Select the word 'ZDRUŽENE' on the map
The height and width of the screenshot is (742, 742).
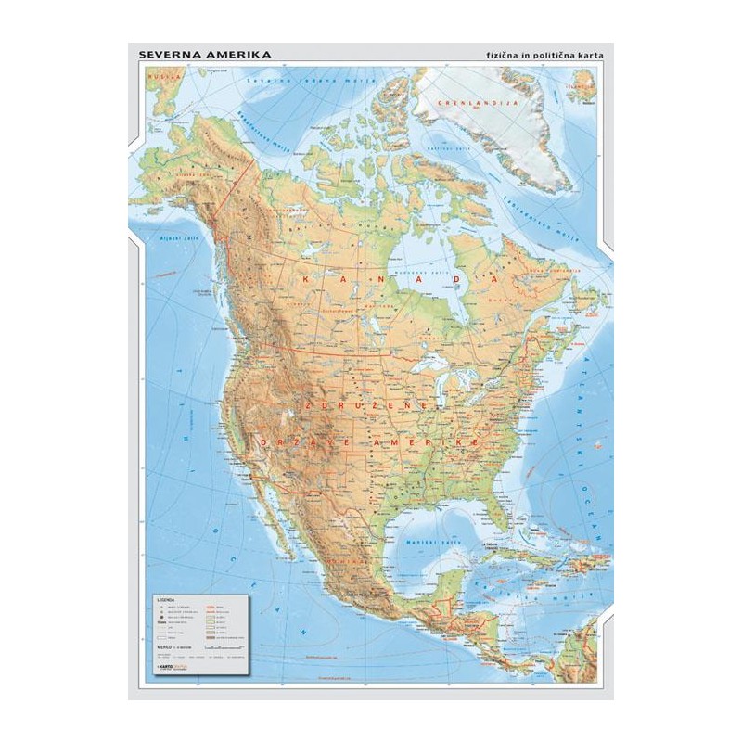point(364,406)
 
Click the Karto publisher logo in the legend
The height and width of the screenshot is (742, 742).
point(167,666)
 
